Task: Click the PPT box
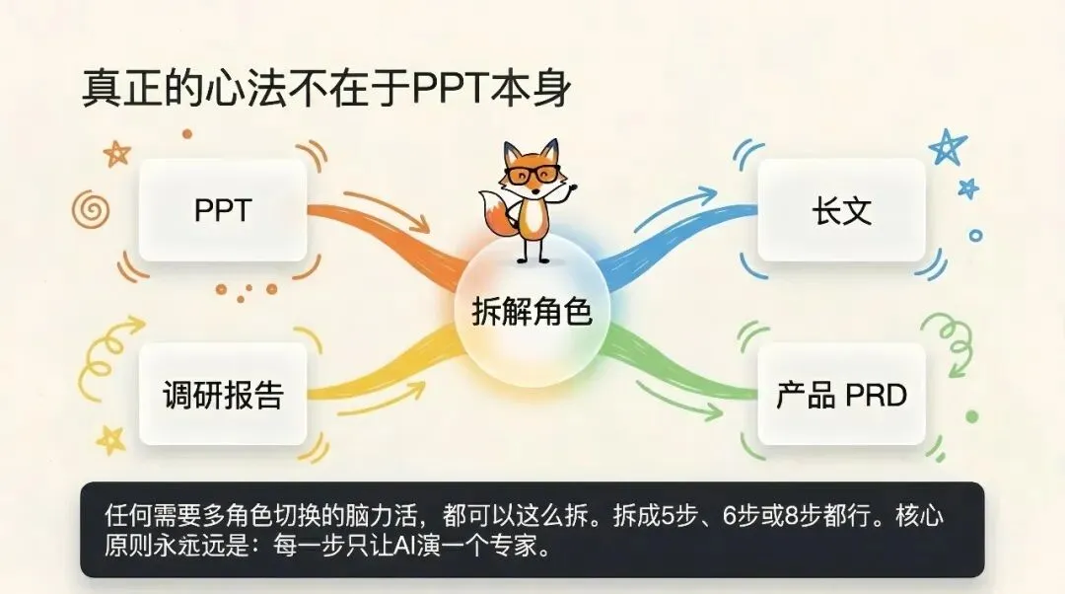point(223,210)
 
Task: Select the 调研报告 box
point(223,394)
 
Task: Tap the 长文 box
point(841,210)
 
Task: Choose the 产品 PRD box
point(841,394)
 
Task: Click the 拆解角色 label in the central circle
point(532,312)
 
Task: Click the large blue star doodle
point(948,147)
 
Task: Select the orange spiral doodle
point(91,209)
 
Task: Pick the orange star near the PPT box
point(116,154)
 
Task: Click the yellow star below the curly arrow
point(110,440)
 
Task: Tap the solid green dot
point(972,416)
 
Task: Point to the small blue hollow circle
point(976,236)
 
